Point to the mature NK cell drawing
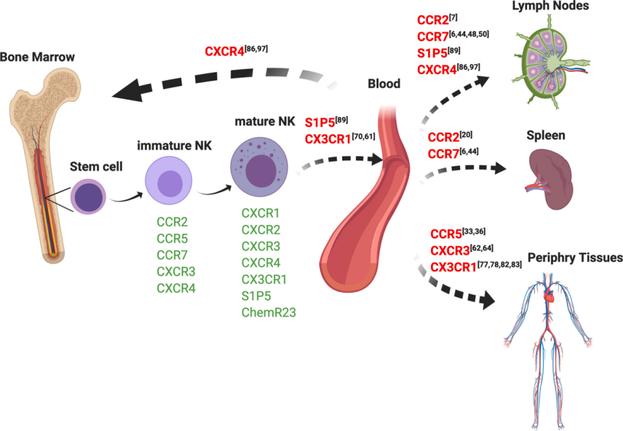click(259, 166)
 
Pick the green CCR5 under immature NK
click(172, 239)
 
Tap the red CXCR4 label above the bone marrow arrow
click(225, 51)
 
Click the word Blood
click(384, 84)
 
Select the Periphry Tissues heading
click(575, 258)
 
